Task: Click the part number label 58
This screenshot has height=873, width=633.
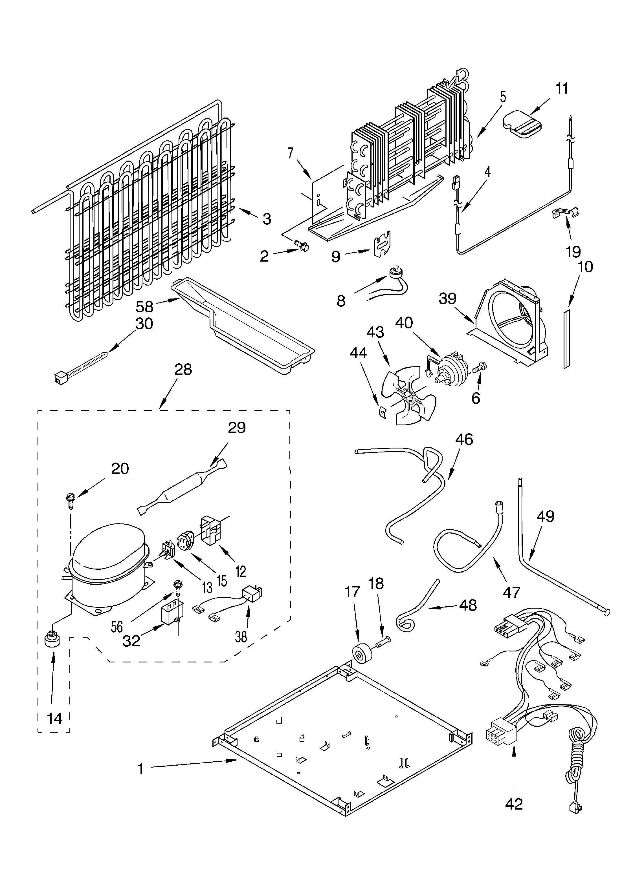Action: (x=144, y=306)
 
